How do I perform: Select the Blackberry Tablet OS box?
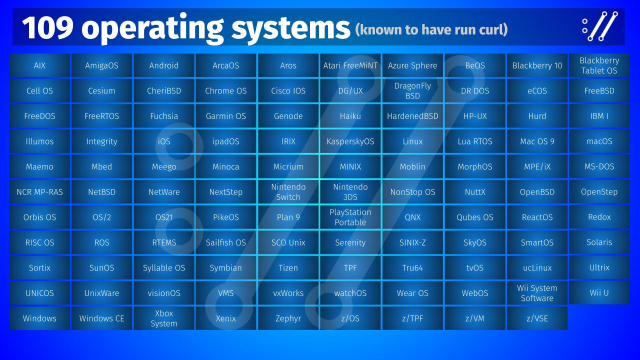coord(599,65)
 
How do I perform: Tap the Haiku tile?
coord(350,116)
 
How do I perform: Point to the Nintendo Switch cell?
coord(288,191)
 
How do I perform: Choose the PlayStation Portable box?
coord(350,216)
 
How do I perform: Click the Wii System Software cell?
coord(536,292)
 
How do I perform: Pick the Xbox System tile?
coord(164,318)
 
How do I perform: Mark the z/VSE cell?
coord(536,318)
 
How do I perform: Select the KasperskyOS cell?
coord(350,141)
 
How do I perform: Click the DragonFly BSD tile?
coord(412,90)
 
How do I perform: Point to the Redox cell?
coord(599,216)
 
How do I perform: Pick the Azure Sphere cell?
coord(412,65)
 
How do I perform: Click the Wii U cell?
coord(599,292)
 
